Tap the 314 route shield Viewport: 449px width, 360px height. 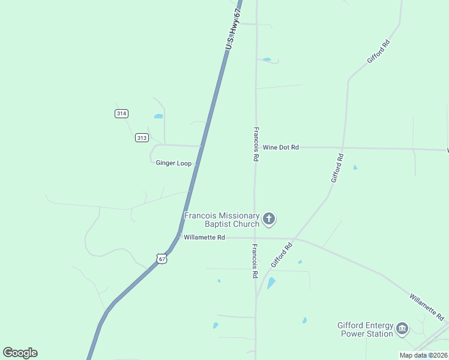click(122, 113)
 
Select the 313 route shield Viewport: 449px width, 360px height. click(142, 138)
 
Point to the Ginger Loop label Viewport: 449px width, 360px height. click(173, 163)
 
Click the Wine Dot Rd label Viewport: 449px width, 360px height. click(281, 147)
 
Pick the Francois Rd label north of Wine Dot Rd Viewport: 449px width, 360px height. click(256, 144)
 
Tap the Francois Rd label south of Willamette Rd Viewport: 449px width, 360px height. click(255, 261)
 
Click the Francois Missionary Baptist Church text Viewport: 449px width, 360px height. click(222, 220)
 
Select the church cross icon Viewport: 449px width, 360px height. click(269, 220)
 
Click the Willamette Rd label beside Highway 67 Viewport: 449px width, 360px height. click(204, 238)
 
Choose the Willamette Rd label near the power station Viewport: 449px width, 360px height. click(427, 306)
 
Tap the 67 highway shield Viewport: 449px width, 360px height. click(161, 258)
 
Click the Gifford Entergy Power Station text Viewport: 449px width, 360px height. click(365, 329)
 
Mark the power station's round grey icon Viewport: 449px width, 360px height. click(402, 328)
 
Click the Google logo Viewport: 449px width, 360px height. click(20, 353)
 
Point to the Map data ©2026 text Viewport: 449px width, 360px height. click(423, 355)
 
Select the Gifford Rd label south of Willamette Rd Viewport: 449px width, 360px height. click(281, 255)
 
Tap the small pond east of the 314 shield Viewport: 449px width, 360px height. click(158, 116)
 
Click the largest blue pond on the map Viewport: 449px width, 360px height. click(271, 283)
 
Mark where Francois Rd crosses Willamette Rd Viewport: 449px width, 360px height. click(255, 238)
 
